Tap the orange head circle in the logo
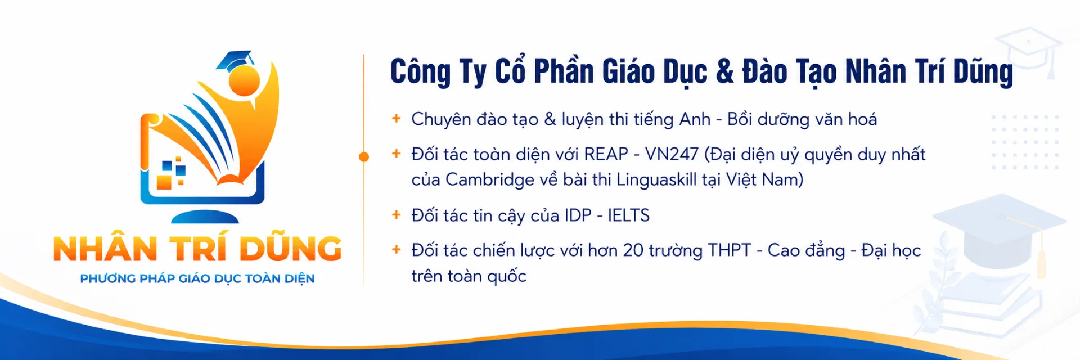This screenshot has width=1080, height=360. [x=245, y=81]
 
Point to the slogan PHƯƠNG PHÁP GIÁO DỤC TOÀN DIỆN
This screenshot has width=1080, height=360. [x=197, y=278]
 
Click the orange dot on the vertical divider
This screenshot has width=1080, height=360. [x=364, y=157]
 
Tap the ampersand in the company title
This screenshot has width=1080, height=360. [x=725, y=71]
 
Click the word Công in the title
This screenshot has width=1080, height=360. [x=421, y=72]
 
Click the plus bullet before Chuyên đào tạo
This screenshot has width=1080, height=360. [x=397, y=118]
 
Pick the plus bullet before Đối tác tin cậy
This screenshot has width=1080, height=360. [x=397, y=214]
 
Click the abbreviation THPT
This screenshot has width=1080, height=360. [x=730, y=250]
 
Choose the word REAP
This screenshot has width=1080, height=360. [x=606, y=154]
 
